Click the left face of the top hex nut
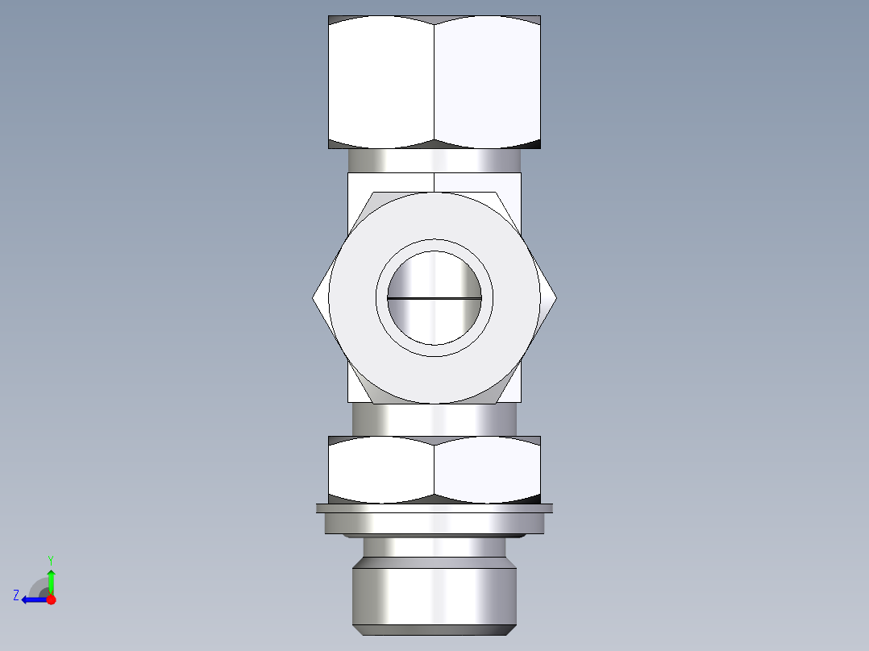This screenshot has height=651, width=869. [381, 82]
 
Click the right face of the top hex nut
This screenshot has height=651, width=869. [487, 82]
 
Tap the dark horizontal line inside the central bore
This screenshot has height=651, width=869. [434, 298]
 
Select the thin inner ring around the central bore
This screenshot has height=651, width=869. [434, 245]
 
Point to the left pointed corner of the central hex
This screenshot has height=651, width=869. [314, 297]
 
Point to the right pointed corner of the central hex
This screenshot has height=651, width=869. [555, 297]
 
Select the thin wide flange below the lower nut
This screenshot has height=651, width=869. [434, 508]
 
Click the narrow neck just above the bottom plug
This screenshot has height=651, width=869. [434, 548]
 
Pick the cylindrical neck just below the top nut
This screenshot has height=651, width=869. [434, 160]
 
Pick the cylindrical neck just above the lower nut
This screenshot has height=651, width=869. [434, 419]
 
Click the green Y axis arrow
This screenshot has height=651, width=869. [51, 579]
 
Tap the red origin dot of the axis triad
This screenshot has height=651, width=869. [51, 599]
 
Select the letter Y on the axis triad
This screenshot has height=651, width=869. [50, 559]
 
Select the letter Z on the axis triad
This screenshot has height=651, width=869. [16, 595]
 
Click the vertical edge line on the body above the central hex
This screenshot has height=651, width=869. [434, 182]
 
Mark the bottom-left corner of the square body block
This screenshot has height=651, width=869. [349, 401]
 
